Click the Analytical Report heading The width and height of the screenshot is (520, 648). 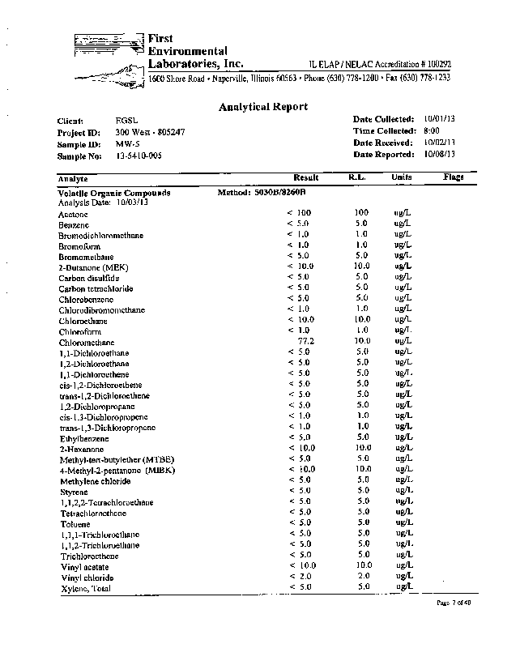point(263,107)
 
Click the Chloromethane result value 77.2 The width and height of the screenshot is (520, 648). point(305,342)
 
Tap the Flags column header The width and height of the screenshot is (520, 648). point(453,177)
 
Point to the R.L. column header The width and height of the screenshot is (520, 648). point(359,177)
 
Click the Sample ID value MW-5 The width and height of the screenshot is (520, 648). point(126,143)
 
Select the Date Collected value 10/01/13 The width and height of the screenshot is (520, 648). point(440,119)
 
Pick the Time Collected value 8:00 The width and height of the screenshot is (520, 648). point(431,130)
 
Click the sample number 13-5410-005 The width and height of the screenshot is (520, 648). point(139,154)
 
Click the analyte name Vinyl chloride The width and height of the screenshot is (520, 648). point(86,578)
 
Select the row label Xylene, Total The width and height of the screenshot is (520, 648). point(84,588)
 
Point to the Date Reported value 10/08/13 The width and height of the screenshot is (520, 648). point(440,154)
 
